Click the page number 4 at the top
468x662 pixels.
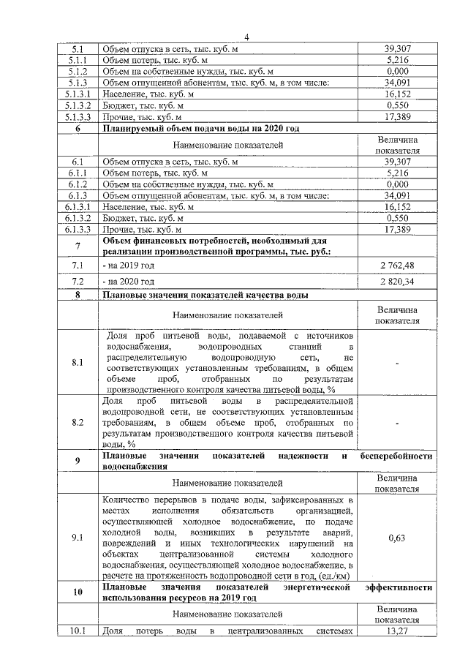[246, 37]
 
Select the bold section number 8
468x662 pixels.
[78, 296]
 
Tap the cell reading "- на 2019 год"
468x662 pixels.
[129, 264]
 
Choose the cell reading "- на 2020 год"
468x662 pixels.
[129, 281]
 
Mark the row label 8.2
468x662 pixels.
[78, 422]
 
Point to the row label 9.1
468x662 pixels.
[78, 538]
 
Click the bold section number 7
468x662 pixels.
[78, 246]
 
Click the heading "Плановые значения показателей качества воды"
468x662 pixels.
[203, 296]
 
